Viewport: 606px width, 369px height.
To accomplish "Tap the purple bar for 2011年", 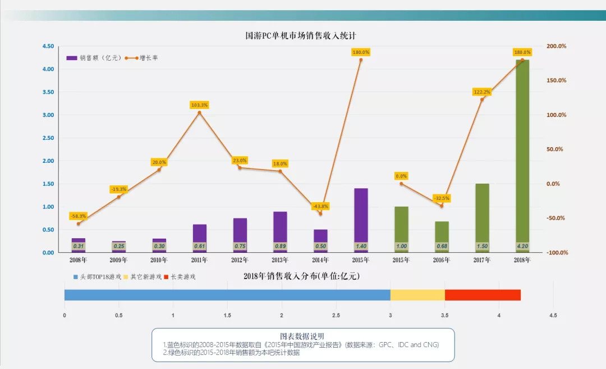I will [x=200, y=233].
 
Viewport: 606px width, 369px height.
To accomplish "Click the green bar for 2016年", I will [x=442, y=231].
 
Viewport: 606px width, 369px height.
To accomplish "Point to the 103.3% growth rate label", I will [x=199, y=105].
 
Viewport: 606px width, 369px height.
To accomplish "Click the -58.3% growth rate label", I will [x=79, y=216].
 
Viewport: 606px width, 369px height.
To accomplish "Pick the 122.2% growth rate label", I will [x=482, y=92].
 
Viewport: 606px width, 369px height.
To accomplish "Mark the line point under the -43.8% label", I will [x=320, y=213].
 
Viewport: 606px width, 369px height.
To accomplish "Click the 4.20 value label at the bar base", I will [x=522, y=246].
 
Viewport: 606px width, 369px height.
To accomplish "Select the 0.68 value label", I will [x=442, y=246].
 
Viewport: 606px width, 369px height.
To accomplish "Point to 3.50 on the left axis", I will [x=48, y=92].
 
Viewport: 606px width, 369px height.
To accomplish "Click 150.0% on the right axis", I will [x=557, y=80].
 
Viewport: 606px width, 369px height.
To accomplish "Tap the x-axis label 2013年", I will [x=280, y=260].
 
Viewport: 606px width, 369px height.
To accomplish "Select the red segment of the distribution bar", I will [x=483, y=295].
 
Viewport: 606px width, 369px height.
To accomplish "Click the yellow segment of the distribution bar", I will [x=417, y=295].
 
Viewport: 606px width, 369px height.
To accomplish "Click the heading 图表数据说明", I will [x=302, y=336].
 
